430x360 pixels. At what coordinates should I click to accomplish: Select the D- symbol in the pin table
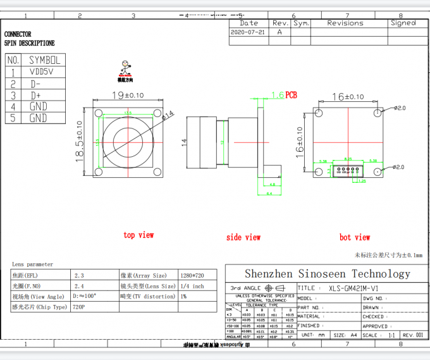coord(36,84)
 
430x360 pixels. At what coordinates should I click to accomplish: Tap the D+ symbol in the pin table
coord(36,95)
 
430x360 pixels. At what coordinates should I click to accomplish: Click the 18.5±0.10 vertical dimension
coord(80,141)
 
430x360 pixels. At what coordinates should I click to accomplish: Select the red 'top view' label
coord(138,235)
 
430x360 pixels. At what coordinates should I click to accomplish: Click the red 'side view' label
coord(243,237)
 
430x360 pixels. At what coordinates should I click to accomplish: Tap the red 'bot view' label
coord(354,237)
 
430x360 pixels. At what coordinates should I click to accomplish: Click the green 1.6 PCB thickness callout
coord(283,95)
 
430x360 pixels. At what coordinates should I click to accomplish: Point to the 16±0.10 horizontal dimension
coord(348,97)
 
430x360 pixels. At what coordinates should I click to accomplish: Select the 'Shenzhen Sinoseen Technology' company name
coord(327,273)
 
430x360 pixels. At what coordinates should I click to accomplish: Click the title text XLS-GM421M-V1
coord(358,288)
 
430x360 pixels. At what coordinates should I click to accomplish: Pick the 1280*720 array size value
coord(192,275)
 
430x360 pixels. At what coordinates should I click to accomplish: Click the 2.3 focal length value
coord(79,275)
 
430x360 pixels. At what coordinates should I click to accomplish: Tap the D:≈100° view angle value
coord(85,296)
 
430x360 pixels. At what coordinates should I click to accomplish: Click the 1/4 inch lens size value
coord(192,286)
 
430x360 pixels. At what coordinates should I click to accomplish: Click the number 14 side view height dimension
coord(184,143)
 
